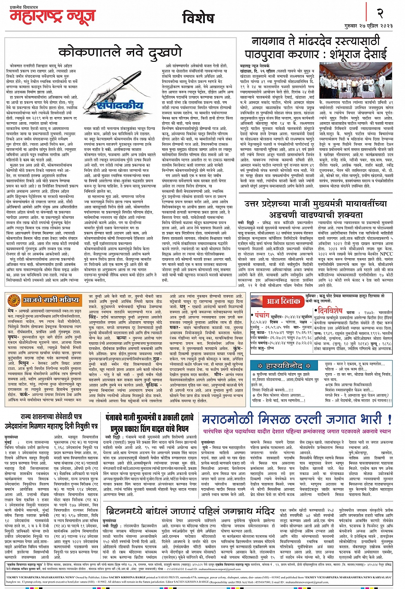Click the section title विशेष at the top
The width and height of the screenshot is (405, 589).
coord(198,18)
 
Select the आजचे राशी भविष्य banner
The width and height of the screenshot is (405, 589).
coord(51,299)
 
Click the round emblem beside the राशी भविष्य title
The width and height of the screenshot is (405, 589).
coord(14,299)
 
